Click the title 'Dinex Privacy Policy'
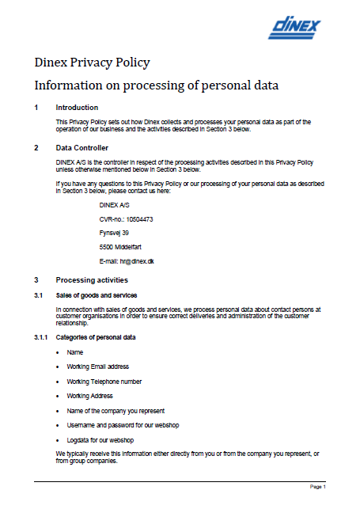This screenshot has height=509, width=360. coord(92,63)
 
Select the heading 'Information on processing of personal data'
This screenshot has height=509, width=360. coord(157,84)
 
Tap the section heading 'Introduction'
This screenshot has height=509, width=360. coord(77,107)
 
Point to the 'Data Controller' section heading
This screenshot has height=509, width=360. coord(82,148)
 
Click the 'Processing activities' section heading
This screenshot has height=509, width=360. coord(92,280)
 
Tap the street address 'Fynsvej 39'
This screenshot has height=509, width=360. coord(115,233)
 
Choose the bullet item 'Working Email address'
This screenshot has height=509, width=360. coord(98,367)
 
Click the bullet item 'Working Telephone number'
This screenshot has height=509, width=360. coord(104,381)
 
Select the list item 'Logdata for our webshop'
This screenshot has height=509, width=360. coord(100,439)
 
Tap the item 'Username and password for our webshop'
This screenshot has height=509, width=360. coord(123,425)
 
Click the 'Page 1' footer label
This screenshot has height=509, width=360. coord(316,487)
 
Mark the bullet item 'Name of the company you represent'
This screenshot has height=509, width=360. coord(117,410)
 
